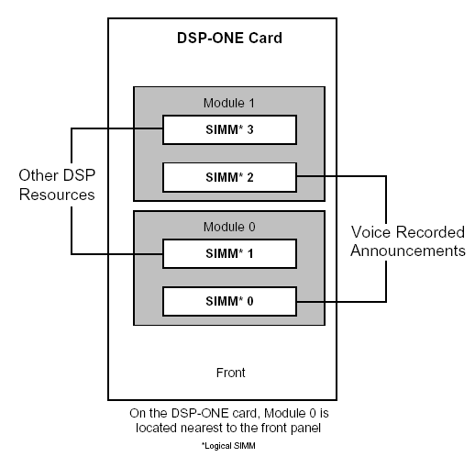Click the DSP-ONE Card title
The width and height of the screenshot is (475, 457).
point(229,39)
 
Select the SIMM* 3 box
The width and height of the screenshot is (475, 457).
point(229,130)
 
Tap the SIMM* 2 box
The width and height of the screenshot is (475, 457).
point(229,177)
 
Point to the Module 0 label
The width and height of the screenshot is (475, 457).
point(229,225)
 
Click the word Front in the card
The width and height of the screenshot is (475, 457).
point(229,373)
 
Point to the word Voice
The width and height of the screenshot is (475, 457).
point(376,232)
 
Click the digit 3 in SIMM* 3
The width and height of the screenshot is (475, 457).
point(250,130)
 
